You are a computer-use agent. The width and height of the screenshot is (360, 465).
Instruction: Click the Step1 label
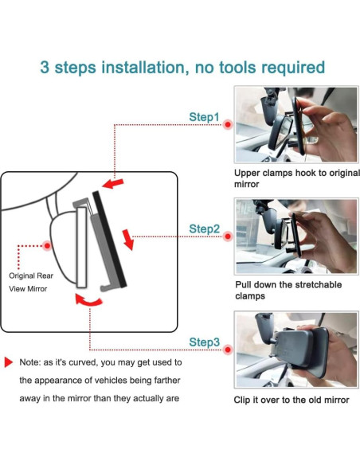coord(204,117)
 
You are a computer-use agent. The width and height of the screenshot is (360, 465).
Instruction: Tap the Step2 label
coord(205,229)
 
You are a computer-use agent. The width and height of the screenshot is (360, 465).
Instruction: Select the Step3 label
coord(205,342)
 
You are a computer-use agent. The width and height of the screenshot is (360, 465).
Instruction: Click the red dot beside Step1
coord(228,124)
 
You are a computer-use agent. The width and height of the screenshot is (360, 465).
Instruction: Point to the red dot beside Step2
coord(228,236)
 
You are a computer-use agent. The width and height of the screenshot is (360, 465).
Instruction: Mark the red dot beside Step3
coord(228,350)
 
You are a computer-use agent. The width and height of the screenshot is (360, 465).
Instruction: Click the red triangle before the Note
coord(8,362)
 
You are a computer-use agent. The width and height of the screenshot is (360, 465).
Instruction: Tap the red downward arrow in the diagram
coord(128,240)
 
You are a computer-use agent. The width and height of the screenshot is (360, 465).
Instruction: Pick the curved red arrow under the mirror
coord(88,300)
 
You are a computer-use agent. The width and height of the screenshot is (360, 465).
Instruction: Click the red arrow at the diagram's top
coord(112,183)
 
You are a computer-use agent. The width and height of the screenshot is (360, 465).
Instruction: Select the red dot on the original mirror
coord(47,245)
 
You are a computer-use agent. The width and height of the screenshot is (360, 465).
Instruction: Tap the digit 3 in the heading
coord(45,68)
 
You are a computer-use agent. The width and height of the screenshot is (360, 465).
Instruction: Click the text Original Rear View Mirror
coord(31,282)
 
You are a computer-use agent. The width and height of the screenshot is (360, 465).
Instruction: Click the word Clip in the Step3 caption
coord(242,401)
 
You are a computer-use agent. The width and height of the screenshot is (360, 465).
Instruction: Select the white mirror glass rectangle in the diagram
coord(81,248)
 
